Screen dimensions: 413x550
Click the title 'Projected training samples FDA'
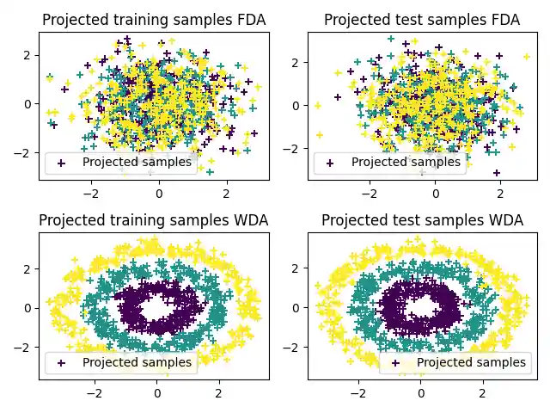(x=154, y=20)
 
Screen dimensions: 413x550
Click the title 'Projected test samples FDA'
(x=421, y=20)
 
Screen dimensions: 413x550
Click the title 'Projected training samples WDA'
(x=154, y=220)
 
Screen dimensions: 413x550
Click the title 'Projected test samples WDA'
(x=421, y=220)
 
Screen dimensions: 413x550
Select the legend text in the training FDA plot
(x=137, y=162)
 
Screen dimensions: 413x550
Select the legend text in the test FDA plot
(x=406, y=162)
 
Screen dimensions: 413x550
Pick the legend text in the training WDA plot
(x=137, y=362)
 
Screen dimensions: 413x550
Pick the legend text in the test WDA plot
(x=471, y=362)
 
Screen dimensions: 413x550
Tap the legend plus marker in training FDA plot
(x=60, y=162)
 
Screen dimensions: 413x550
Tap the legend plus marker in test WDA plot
(x=394, y=362)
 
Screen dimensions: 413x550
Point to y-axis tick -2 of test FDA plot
(x=295, y=148)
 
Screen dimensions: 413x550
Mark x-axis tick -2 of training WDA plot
(x=95, y=395)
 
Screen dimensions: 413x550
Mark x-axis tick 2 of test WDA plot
(x=482, y=395)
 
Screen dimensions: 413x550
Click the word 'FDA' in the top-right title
(x=503, y=20)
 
